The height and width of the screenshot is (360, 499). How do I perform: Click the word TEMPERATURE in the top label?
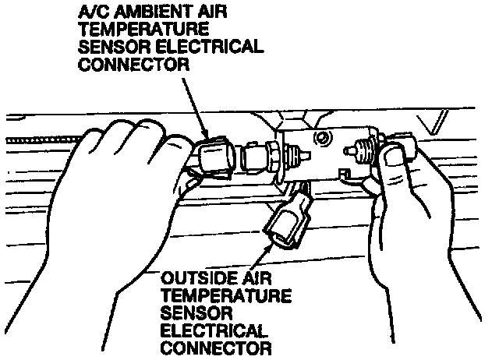(x=130, y=30)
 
